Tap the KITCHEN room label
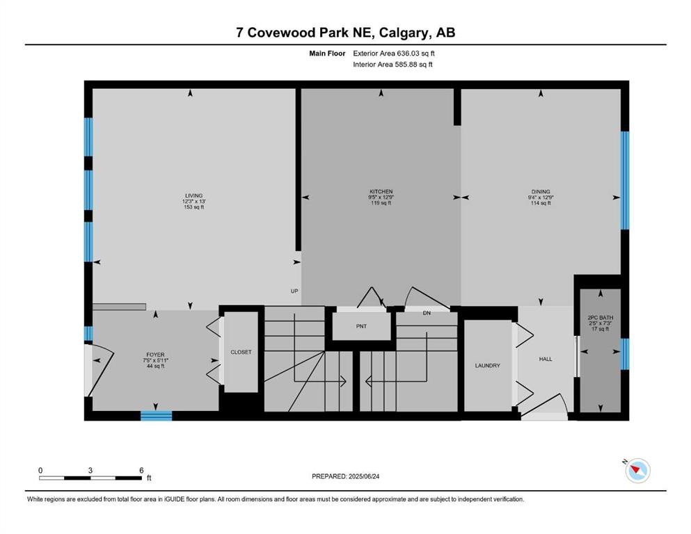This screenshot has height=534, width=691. (x=381, y=191)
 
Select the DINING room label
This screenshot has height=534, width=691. (x=541, y=191)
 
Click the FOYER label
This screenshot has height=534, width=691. (x=155, y=355)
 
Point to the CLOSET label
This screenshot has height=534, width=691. (x=241, y=353)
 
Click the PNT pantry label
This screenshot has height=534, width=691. (x=360, y=326)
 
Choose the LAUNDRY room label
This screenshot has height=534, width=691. (x=487, y=366)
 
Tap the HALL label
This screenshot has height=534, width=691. (x=546, y=359)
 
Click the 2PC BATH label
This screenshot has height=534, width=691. (x=600, y=318)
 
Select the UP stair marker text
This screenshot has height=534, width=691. (x=294, y=291)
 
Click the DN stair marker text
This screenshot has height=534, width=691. (x=427, y=313)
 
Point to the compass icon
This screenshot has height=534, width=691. (x=637, y=471)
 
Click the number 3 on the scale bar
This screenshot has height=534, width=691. (x=90, y=470)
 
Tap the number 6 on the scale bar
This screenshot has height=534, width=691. (x=141, y=470)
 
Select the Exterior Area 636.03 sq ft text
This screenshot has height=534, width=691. (x=394, y=53)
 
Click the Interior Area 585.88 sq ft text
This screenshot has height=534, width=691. (x=393, y=65)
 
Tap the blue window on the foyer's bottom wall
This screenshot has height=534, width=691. (x=156, y=416)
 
